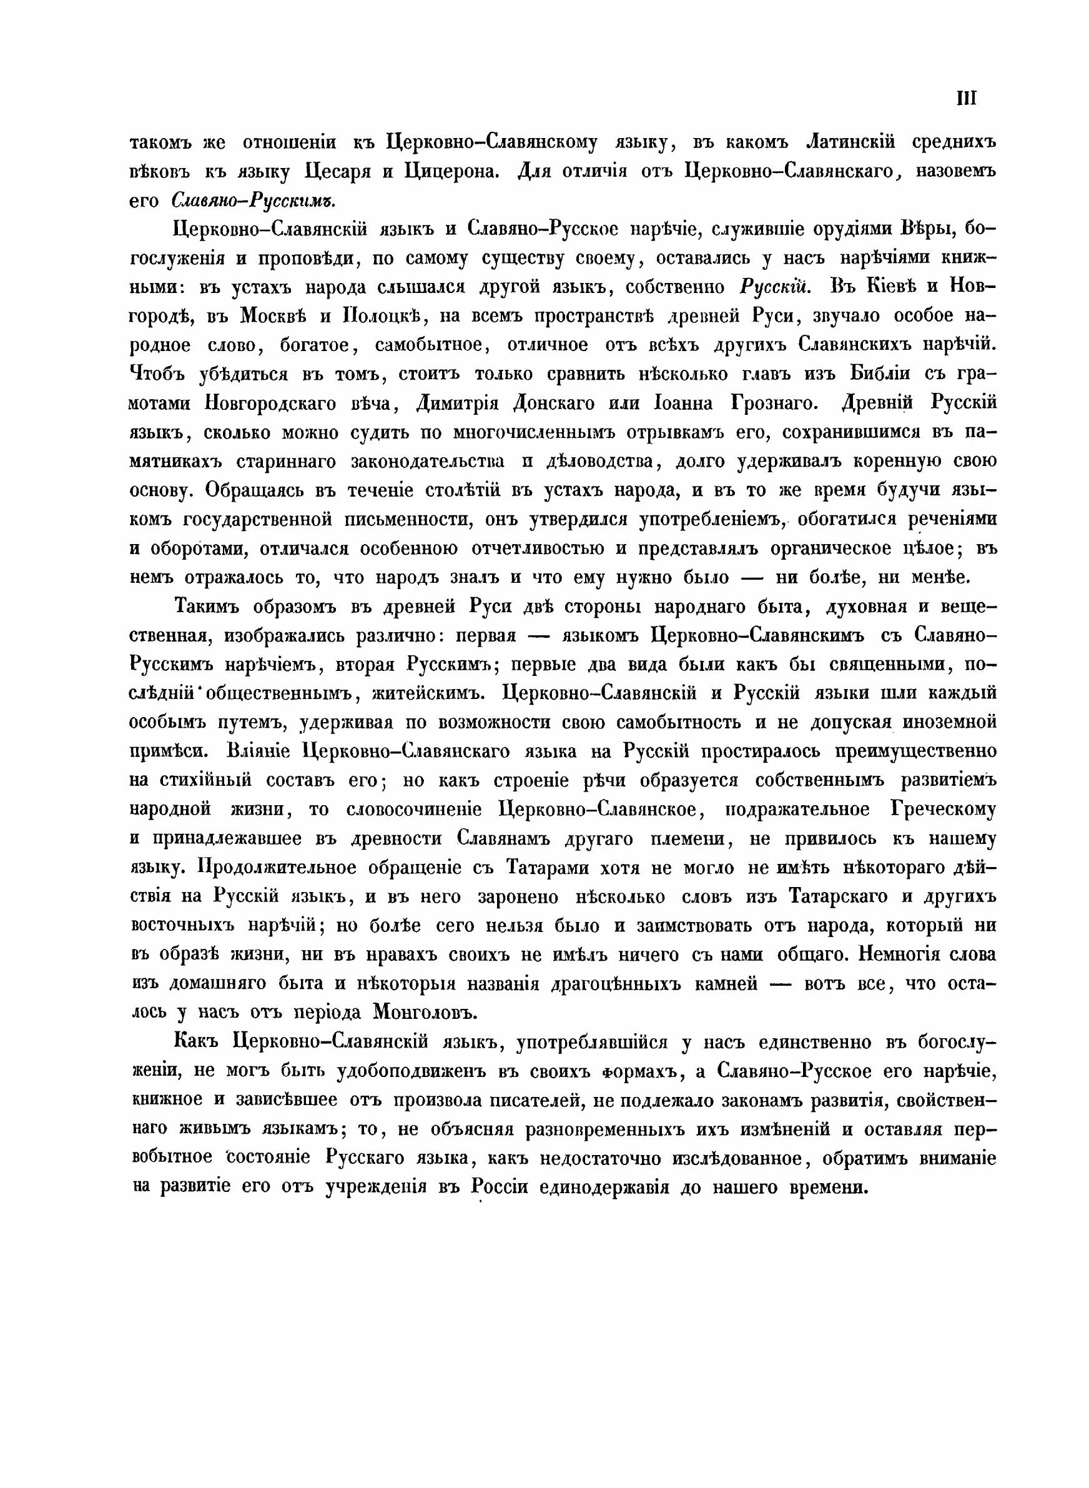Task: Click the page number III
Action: coord(966,99)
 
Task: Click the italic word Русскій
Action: coord(774,287)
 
